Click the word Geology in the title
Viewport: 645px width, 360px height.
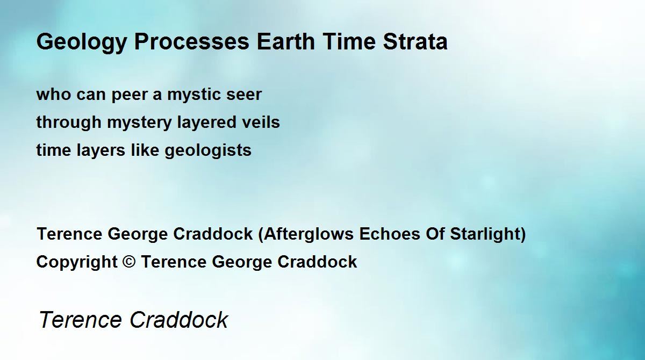click(82, 42)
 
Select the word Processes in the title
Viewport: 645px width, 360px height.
click(192, 42)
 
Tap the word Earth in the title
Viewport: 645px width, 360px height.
click(285, 41)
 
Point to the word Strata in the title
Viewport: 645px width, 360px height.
click(415, 42)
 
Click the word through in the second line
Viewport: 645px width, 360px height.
click(69, 123)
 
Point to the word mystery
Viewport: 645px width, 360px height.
click(139, 123)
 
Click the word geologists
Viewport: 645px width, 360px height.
click(208, 151)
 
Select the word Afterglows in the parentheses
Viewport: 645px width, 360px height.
click(309, 234)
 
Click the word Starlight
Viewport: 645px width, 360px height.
click(485, 234)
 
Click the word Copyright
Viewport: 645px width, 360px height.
click(77, 262)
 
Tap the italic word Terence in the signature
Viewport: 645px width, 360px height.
click(80, 320)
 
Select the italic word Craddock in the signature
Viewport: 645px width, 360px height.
click(178, 320)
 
